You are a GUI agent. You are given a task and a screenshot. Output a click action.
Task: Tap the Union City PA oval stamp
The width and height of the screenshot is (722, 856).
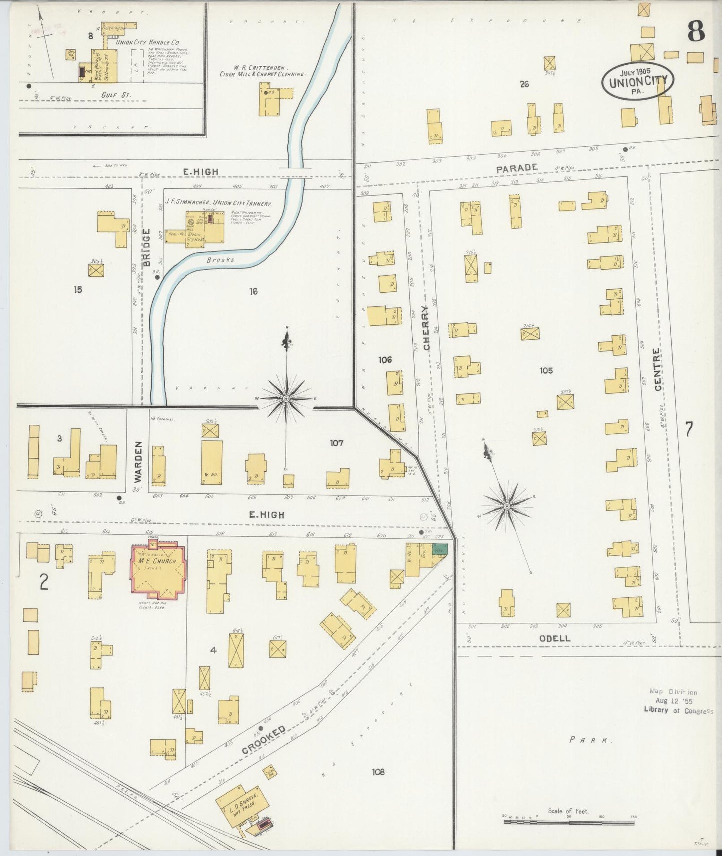coord(637,81)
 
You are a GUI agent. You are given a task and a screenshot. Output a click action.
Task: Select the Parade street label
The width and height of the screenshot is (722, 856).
coord(517,169)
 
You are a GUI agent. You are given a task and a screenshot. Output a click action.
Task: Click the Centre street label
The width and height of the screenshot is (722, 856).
coord(658,369)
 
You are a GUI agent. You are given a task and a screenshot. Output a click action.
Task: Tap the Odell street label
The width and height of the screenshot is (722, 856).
coord(554,638)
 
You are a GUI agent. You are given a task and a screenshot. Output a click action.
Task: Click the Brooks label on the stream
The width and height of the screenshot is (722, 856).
coord(220,260)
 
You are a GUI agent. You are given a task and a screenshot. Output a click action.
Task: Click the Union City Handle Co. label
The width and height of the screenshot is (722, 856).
coord(147,43)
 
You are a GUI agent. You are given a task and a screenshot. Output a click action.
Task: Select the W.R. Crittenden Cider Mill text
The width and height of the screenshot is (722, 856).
coord(262,70)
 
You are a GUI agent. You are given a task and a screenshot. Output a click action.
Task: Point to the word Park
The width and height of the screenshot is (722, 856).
coord(591,740)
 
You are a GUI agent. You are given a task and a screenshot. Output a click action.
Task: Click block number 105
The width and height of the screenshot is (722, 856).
coord(546,370)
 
